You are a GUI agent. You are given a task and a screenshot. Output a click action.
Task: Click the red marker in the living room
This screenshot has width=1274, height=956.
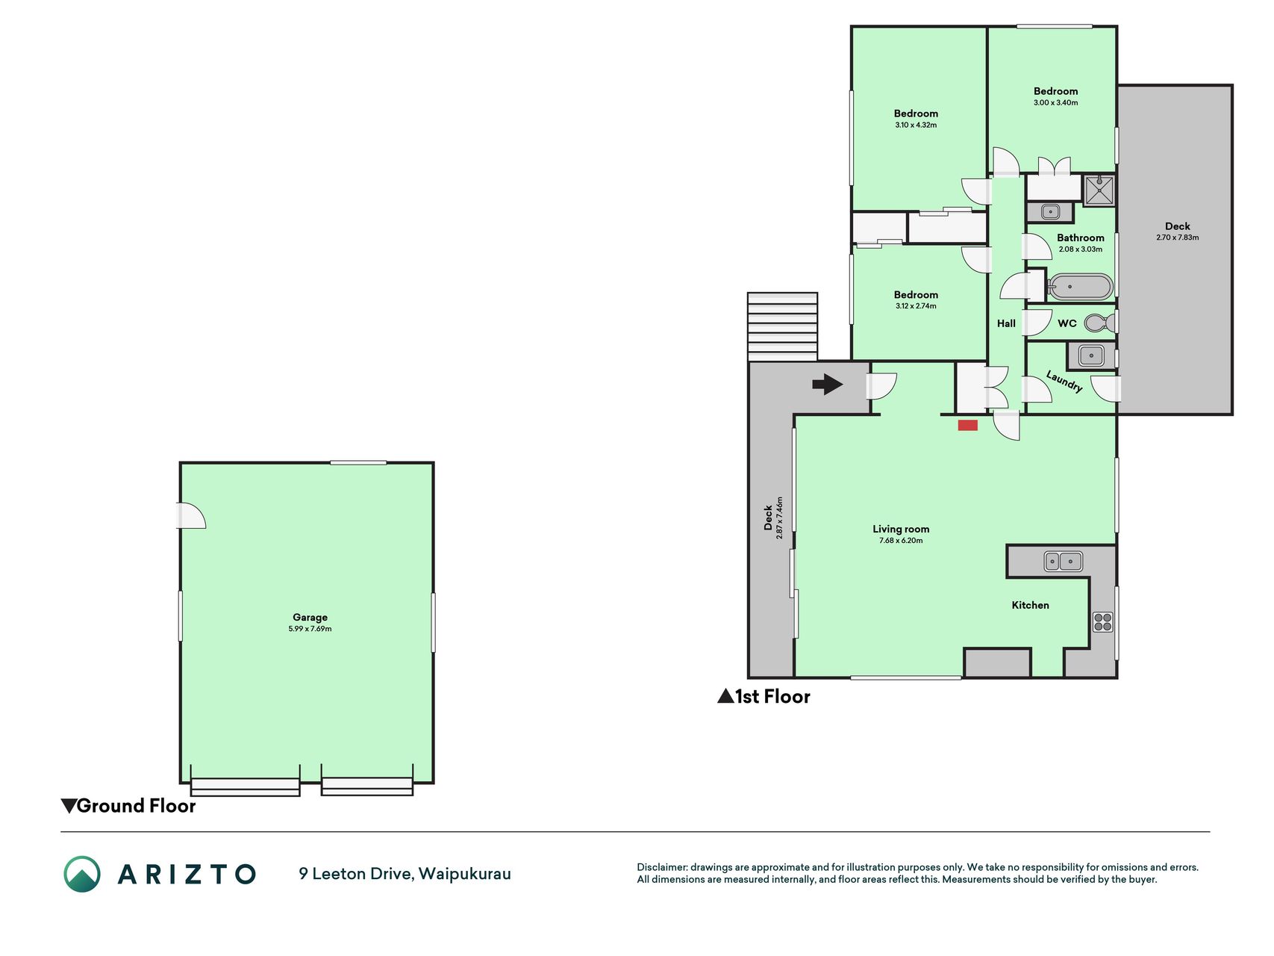968,426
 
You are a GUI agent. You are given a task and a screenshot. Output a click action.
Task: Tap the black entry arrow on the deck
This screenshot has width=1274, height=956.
828,385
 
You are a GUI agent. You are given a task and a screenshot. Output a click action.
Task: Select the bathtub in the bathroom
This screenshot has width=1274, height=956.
1080,287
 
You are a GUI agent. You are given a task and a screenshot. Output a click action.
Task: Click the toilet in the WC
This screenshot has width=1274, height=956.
1100,323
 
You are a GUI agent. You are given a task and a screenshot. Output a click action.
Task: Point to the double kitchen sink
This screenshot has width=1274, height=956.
1063,561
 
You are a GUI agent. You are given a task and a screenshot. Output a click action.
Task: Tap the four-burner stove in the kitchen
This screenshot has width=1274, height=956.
1102,621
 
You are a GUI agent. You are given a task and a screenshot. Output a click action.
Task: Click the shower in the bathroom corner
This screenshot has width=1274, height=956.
1099,190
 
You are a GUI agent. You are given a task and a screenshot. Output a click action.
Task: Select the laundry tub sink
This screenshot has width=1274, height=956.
1091,356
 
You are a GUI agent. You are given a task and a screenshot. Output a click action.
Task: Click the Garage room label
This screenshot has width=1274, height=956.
310,618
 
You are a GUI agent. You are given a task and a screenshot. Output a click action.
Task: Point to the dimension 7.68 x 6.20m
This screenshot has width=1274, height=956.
901,541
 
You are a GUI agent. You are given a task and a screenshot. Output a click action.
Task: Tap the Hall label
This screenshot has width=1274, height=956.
1006,323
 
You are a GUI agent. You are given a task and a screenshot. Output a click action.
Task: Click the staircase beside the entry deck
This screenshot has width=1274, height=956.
782,326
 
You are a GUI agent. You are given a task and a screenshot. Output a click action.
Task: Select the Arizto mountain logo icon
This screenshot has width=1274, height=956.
82,874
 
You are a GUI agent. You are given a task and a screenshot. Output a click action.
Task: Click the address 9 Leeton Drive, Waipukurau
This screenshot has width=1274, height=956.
405,874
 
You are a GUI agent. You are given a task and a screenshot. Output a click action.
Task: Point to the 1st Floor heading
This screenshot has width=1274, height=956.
764,697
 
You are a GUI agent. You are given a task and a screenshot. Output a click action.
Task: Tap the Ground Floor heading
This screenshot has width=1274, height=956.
128,806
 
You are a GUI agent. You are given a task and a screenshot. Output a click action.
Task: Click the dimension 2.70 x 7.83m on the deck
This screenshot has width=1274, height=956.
1178,238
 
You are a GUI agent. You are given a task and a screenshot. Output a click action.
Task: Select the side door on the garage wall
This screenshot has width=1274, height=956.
190,516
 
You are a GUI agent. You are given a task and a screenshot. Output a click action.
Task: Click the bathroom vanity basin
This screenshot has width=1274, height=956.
1050,212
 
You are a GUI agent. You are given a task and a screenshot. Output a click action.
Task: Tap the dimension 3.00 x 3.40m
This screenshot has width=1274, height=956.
1055,103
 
